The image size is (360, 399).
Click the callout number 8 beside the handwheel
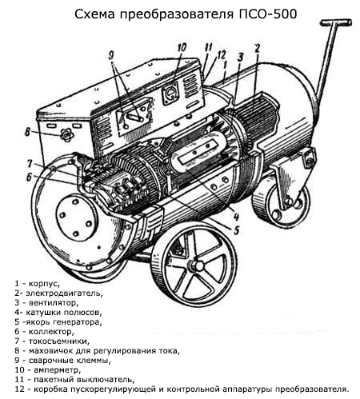point(27,132)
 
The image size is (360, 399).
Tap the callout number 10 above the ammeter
point(182,47)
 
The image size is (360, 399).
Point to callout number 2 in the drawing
point(257,49)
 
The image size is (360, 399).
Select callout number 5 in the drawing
point(236,230)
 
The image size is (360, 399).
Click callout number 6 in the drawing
point(29,178)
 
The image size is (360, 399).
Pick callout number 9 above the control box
point(111,56)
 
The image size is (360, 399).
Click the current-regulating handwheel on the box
point(66,135)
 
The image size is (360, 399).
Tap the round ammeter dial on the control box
point(170,93)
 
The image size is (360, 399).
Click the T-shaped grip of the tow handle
point(336,22)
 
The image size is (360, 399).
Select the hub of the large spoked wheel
point(198,265)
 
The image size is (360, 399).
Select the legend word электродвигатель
point(64,293)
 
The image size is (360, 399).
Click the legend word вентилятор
point(54,303)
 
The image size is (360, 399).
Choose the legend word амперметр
point(58,370)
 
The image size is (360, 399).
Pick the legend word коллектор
point(51,332)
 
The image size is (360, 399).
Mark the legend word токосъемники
point(59,341)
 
